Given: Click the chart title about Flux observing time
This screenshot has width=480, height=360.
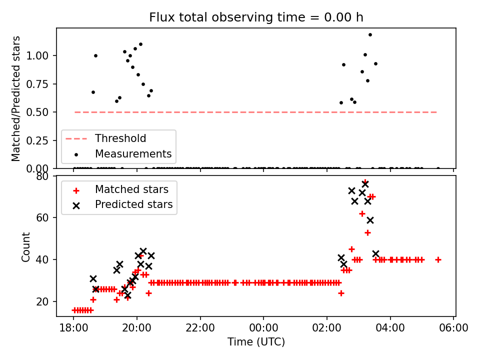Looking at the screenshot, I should point(256,17).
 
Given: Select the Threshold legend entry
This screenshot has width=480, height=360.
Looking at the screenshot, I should point(120,138).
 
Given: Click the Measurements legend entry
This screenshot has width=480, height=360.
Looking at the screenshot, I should point(133,153).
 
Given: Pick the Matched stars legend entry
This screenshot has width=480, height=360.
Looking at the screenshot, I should point(131,189).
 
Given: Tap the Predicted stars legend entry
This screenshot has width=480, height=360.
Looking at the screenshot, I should point(133,204).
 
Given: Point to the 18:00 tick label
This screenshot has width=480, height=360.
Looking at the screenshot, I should point(73,328).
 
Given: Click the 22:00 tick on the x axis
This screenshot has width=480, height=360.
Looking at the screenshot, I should point(200,328).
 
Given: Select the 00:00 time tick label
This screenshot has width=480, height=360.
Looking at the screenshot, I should point(263,328).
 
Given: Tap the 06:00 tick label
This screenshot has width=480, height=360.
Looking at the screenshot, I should point(453,328).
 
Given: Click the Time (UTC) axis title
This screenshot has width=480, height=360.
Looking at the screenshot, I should point(256,342).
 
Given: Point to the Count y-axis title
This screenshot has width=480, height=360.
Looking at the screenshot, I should point(26,246).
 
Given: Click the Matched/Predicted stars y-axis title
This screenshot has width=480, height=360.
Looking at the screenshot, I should point(16,98).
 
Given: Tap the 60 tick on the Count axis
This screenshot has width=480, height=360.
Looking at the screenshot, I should point(46,217).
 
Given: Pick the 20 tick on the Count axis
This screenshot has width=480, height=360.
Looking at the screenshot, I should point(46,301).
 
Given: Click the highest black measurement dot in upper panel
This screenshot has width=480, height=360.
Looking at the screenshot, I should point(370,34).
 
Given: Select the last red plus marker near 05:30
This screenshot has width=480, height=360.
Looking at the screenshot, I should point(438,259).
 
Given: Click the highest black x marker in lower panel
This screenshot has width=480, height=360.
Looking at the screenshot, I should point(365,184).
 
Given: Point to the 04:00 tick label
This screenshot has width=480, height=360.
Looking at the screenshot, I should point(390,328).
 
